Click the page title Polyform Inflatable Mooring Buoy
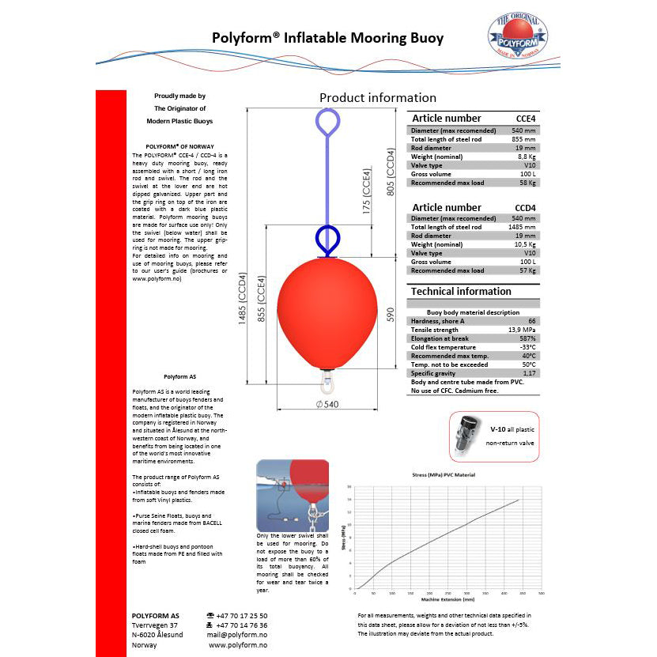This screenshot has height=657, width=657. [x=328, y=38]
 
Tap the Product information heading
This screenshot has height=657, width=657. [x=377, y=98]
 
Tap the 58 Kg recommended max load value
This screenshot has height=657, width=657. [x=527, y=183]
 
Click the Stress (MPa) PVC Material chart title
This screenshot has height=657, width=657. [x=444, y=475]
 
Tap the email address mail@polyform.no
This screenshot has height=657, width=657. [x=237, y=634]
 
